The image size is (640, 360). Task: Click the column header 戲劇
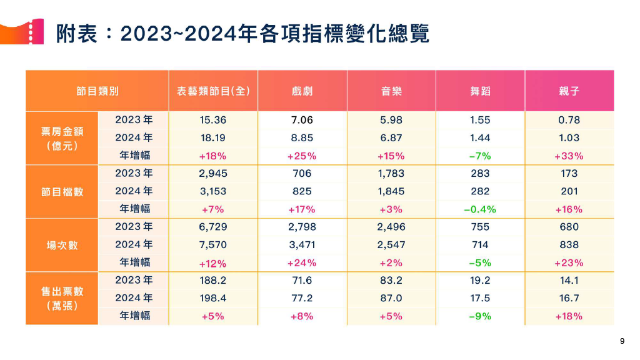pos(302,91)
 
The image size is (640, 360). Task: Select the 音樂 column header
pos(391,91)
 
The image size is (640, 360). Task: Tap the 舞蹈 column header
pos(480,91)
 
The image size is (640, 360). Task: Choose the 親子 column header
pos(569,91)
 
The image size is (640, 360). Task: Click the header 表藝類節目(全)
pos(213,91)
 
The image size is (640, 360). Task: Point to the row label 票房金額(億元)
pos(62,138)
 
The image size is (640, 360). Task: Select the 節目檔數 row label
pos(62,191)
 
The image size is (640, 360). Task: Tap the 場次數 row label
pos(62,245)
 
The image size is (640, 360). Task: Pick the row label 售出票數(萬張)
pos(62,298)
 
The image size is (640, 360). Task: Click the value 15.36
pos(213,121)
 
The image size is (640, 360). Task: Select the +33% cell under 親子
pos(569,156)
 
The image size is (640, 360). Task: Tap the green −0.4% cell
pos(480,209)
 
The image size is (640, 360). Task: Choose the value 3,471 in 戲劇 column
pos(302,245)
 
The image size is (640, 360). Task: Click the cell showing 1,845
pos(391,191)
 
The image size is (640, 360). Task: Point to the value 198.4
pos(213,298)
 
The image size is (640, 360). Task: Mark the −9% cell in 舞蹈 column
pos(480,316)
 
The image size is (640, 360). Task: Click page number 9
pos(622,341)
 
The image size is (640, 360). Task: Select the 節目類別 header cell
pos(97,91)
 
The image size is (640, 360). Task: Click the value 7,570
pos(213,245)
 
